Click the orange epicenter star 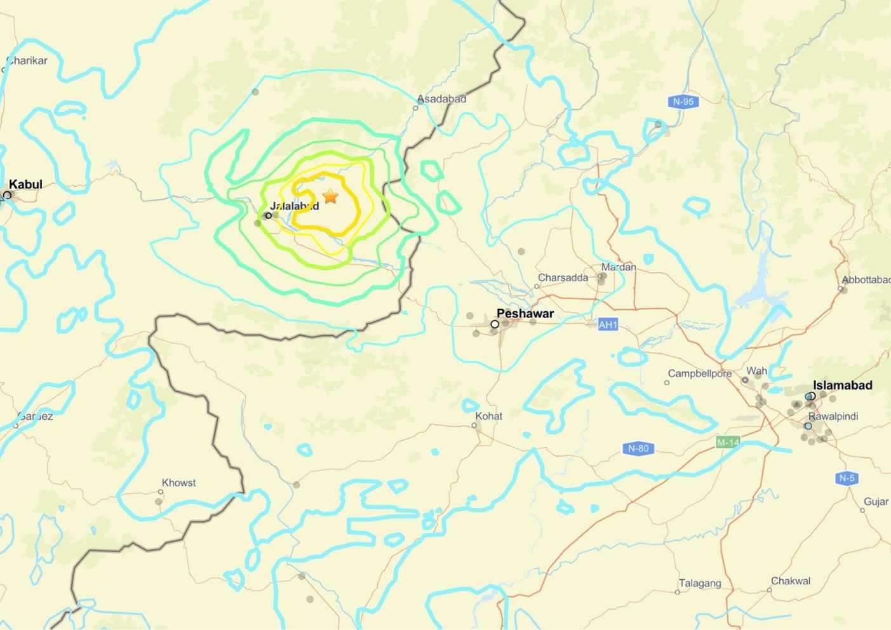[x=330, y=196]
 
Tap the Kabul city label [x=25, y=185]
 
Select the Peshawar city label [x=525, y=314]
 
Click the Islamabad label [x=843, y=385]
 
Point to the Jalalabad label [x=295, y=206]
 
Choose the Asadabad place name [x=441, y=99]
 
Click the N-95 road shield [x=683, y=102]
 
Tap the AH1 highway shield [x=608, y=325]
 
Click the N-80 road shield [x=638, y=448]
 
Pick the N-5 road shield [x=847, y=478]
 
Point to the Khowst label [x=178, y=483]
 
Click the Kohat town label [x=488, y=416]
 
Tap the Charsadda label [x=563, y=278]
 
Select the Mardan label [x=619, y=267]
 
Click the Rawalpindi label [x=833, y=417]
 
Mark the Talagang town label [x=700, y=583]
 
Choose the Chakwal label [x=791, y=581]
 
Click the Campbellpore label [x=699, y=373]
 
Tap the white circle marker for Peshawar [x=495, y=325]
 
